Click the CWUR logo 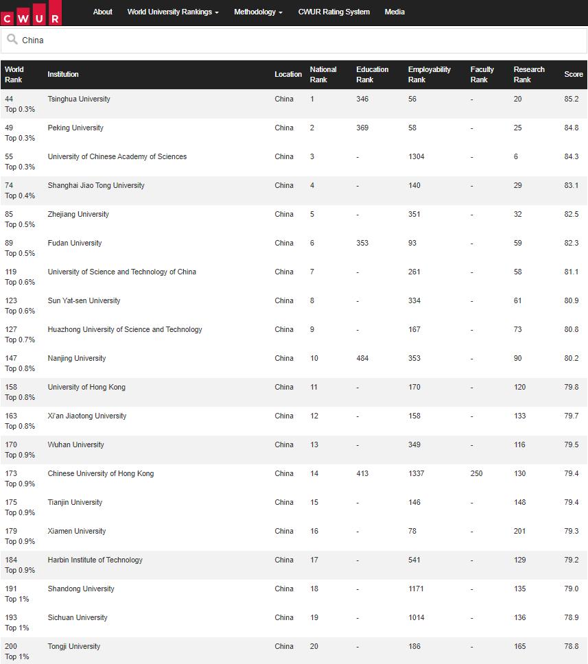[x=31, y=13]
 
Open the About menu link [x=102, y=12]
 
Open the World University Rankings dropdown [x=173, y=12]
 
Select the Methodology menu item [x=258, y=12]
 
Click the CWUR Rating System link [x=333, y=12]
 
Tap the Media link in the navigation [x=395, y=12]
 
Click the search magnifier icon [x=12, y=40]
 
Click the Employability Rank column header [x=429, y=74]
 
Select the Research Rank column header [x=528, y=74]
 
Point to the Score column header [x=573, y=74]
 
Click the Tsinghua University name [x=79, y=99]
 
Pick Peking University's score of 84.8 [x=571, y=128]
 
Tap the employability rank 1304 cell [x=416, y=156]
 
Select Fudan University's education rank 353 [x=362, y=243]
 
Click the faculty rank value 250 [x=476, y=473]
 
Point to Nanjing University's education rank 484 [x=362, y=358]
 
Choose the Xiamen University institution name [x=77, y=531]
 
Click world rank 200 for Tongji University [x=11, y=646]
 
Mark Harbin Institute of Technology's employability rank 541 [x=414, y=560]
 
